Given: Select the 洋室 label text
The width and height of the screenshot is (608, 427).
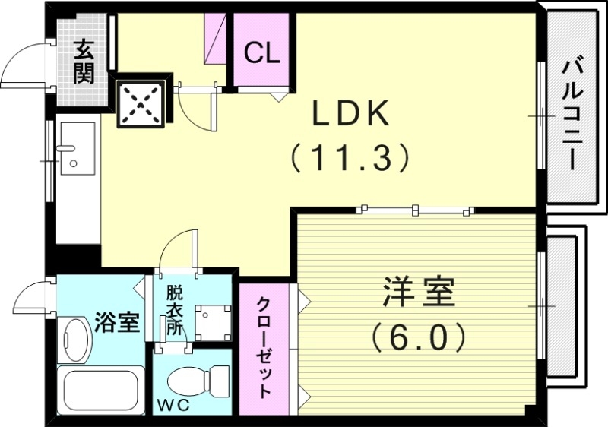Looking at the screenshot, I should pyautogui.click(x=418, y=293).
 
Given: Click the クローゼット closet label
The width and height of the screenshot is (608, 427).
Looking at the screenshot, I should pyautogui.click(x=264, y=348).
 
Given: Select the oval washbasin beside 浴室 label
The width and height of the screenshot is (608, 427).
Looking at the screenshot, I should pyautogui.click(x=75, y=339).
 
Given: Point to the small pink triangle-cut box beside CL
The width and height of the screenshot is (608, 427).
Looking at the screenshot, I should pyautogui.click(x=217, y=39).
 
